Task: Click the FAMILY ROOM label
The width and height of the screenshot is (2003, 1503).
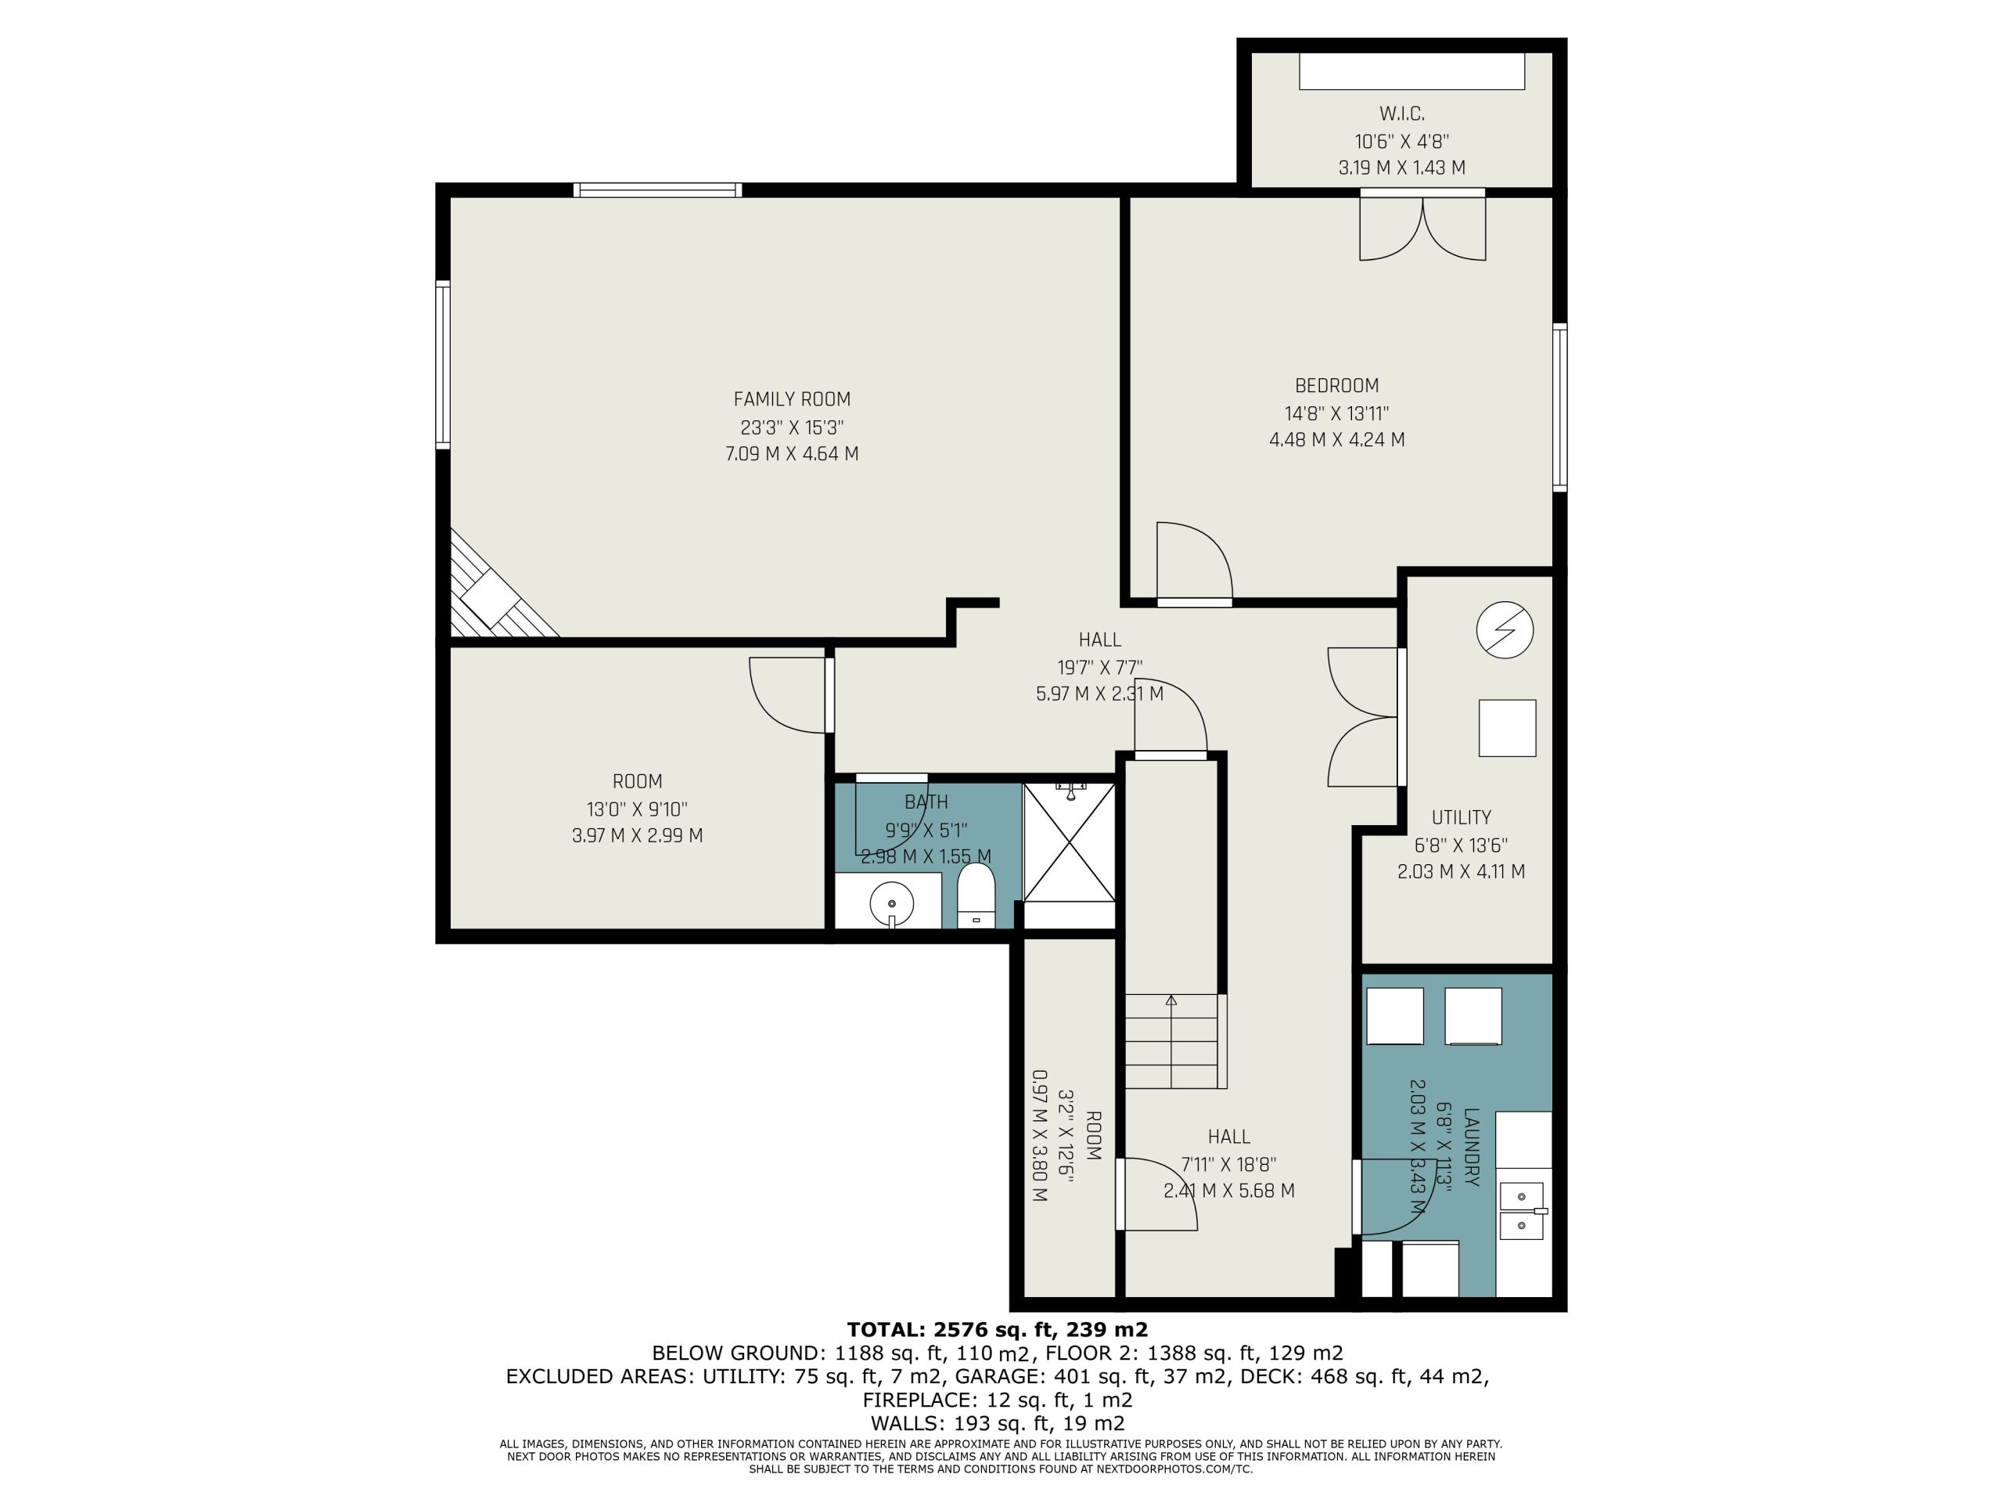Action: click(792, 398)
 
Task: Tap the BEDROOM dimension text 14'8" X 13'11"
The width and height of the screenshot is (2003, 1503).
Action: click(1336, 413)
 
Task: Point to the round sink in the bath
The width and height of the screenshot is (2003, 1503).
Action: click(891, 903)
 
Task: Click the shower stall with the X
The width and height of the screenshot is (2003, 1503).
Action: click(1069, 842)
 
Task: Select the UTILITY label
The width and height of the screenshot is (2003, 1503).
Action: click(1461, 817)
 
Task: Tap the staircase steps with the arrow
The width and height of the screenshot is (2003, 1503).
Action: click(1173, 1041)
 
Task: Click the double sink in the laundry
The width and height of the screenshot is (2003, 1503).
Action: click(1522, 1211)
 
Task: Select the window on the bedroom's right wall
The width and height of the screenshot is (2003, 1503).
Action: click(1559, 408)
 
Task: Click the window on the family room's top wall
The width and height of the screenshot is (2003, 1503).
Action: click(657, 190)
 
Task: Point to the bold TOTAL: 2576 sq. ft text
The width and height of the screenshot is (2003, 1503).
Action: click(997, 1329)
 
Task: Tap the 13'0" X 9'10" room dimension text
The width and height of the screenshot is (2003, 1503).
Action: click(637, 809)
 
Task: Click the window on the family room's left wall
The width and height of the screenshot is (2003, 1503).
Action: click(443, 364)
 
